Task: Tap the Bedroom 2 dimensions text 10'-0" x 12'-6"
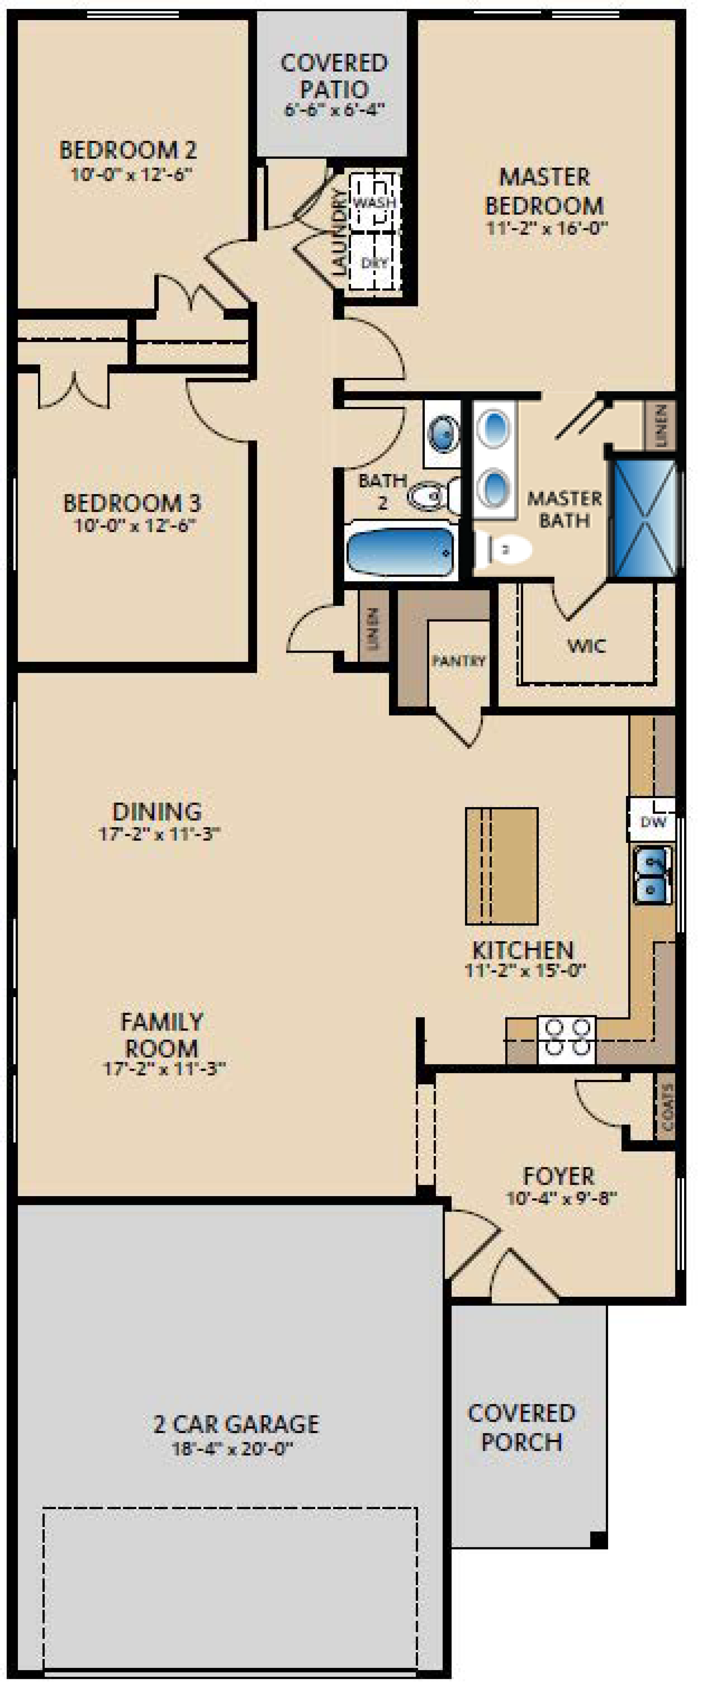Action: (x=131, y=174)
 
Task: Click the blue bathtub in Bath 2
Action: (x=400, y=550)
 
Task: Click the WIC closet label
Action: (x=586, y=646)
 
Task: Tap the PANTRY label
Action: (x=458, y=660)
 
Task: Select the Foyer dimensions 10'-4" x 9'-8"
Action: (x=561, y=1198)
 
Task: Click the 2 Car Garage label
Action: (x=236, y=1424)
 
